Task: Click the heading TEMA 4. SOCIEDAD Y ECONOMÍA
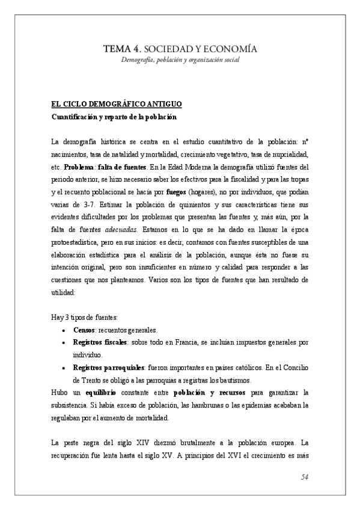181,48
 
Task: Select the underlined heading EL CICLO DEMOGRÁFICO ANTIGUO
112,103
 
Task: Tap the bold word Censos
84,330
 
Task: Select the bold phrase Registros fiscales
99,342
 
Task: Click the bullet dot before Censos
64,331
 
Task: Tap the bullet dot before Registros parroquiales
64,367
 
